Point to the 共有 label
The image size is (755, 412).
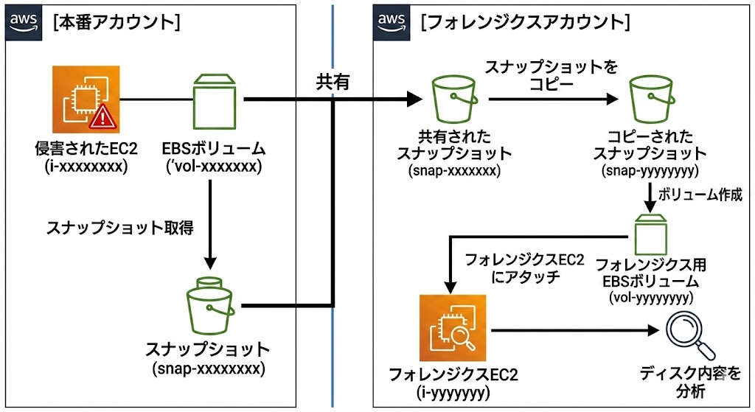pyautogui.click(x=333, y=82)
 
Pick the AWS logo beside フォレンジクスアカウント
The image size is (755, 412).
pyautogui.click(x=393, y=21)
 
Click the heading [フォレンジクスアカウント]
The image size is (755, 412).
pyautogui.click(x=524, y=22)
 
